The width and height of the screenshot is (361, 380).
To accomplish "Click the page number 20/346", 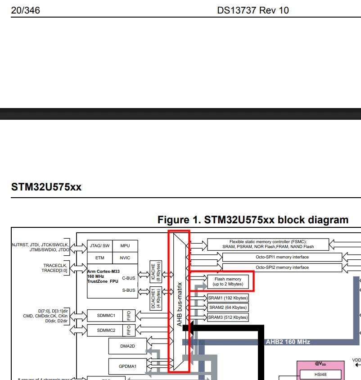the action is pyautogui.click(x=26, y=10).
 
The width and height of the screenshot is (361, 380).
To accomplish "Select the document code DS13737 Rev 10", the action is pyautogui.click(x=253, y=10).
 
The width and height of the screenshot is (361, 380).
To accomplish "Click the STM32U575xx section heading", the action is pyautogui.click(x=46, y=187).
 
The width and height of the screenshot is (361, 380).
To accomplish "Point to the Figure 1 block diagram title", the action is pyautogui.click(x=253, y=220).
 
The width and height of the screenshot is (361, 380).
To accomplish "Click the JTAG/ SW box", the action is pyautogui.click(x=100, y=246).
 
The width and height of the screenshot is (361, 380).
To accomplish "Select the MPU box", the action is pyautogui.click(x=125, y=246).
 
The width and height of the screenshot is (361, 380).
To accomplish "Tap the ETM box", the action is pyautogui.click(x=100, y=258).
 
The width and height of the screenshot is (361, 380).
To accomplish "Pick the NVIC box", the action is pyautogui.click(x=125, y=258).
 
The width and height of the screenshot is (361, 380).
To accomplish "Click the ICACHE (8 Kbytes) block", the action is pyautogui.click(x=156, y=271).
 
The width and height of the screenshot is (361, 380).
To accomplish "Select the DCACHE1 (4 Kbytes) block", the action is pyautogui.click(x=156, y=299).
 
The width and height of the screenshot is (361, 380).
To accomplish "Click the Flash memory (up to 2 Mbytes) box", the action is pyautogui.click(x=228, y=281).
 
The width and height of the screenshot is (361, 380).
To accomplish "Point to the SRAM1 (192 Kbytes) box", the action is pyautogui.click(x=228, y=298).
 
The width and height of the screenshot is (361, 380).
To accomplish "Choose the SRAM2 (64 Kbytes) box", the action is pyautogui.click(x=228, y=308).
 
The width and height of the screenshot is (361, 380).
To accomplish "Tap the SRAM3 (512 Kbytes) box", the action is pyautogui.click(x=228, y=317).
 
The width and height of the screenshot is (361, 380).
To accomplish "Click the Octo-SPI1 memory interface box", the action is pyautogui.click(x=282, y=257).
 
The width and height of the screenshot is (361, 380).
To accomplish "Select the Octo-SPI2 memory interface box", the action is pyautogui.click(x=282, y=267).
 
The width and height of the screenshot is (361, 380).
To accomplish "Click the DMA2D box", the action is pyautogui.click(x=128, y=346).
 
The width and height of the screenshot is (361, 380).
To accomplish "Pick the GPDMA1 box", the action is pyautogui.click(x=128, y=366).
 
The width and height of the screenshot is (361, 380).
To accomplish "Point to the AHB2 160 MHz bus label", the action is pyautogui.click(x=288, y=342).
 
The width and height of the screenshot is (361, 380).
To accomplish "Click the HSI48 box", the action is pyautogui.click(x=320, y=375).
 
